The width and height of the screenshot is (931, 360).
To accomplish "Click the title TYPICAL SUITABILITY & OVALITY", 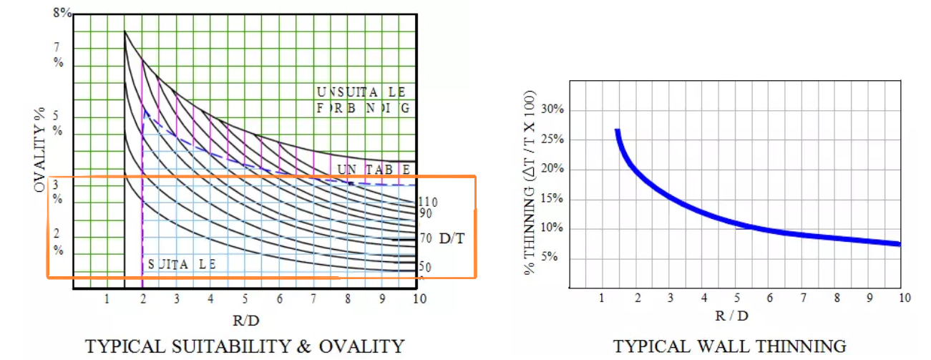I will [x=245, y=346].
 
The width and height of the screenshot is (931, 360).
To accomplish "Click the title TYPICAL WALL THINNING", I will [x=730, y=346].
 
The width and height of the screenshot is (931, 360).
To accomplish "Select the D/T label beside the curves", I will [x=452, y=238].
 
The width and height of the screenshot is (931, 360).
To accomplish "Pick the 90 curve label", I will [x=425, y=214].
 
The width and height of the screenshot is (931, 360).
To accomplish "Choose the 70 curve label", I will [x=425, y=238].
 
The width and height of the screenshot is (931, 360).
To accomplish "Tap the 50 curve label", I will [x=425, y=267].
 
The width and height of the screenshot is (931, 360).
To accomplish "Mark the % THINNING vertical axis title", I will [x=530, y=183].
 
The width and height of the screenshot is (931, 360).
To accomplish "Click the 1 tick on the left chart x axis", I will [x=107, y=298].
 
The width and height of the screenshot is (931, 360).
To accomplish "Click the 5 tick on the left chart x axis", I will [x=245, y=298].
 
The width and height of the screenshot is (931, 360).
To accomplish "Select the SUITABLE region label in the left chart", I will [x=182, y=265].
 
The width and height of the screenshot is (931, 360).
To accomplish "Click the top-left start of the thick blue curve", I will [x=617, y=131].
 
